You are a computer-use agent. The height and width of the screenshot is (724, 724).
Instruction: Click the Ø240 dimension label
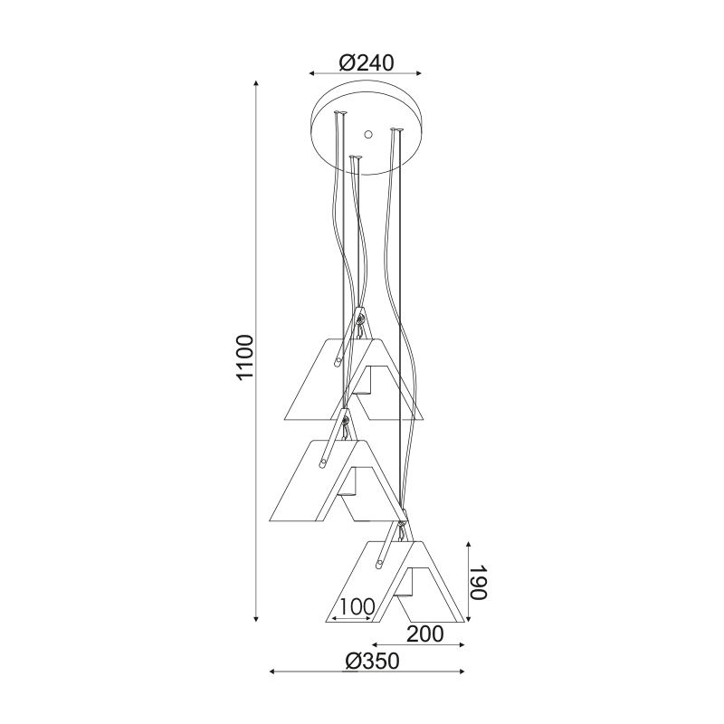[x=367, y=62]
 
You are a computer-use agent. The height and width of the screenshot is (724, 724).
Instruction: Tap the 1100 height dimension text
[x=244, y=357]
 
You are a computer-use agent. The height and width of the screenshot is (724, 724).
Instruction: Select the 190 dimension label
[x=479, y=582]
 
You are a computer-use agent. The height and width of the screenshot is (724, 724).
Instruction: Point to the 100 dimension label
[x=356, y=606]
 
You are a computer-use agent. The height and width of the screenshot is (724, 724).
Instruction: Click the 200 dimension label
[x=424, y=634]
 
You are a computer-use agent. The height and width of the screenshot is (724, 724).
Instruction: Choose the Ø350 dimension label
[x=372, y=661]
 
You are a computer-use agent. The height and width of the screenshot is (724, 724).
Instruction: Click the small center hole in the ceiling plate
[x=368, y=134]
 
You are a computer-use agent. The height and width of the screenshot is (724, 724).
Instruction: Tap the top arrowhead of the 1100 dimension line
[x=256, y=83]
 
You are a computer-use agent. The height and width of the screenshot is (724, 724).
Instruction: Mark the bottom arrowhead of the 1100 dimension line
[x=256, y=618]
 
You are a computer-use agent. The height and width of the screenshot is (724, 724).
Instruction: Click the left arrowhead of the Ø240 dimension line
[x=312, y=73]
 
